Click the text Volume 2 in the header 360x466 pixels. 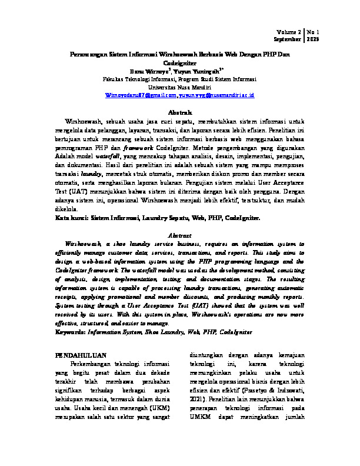click(x=289, y=32)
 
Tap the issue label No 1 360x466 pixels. click(x=312, y=32)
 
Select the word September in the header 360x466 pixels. click(x=287, y=39)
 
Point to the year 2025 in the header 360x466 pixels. click(x=312, y=39)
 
